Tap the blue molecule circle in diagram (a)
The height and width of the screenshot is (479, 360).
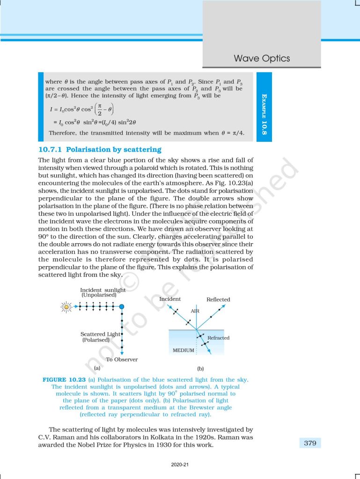tap(122, 307)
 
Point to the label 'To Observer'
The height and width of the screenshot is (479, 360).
tap(122, 359)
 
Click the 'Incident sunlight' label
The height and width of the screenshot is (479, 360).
tap(103, 290)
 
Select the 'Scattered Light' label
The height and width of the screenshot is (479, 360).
tap(100, 334)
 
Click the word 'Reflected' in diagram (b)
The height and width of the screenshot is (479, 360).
tap(218, 299)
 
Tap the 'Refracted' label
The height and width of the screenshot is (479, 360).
tap(218, 338)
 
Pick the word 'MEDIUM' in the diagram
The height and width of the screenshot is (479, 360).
tap(184, 350)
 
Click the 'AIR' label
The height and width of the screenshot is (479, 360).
tap(195, 311)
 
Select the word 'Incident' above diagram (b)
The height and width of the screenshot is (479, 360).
tap(170, 299)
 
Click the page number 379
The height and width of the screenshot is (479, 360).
tap(310, 443)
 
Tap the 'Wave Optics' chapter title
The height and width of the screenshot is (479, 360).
tap(262, 58)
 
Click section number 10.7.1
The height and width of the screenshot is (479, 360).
tap(51, 150)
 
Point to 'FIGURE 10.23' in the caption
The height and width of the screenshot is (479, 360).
tap(64, 379)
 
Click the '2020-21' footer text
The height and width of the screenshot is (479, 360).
tap(180, 465)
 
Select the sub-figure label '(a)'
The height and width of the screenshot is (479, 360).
tap(97, 368)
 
